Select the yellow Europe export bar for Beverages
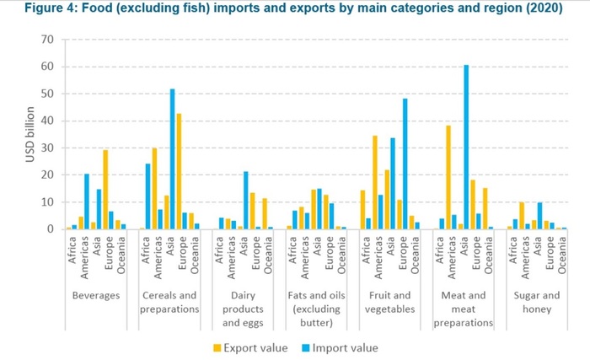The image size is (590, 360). pyautogui.click(x=105, y=189)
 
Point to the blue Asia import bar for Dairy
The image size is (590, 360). pyautogui.click(x=245, y=200)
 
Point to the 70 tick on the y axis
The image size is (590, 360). pyautogui.click(x=47, y=40)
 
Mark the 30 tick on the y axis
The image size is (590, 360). pyautogui.click(x=47, y=148)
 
